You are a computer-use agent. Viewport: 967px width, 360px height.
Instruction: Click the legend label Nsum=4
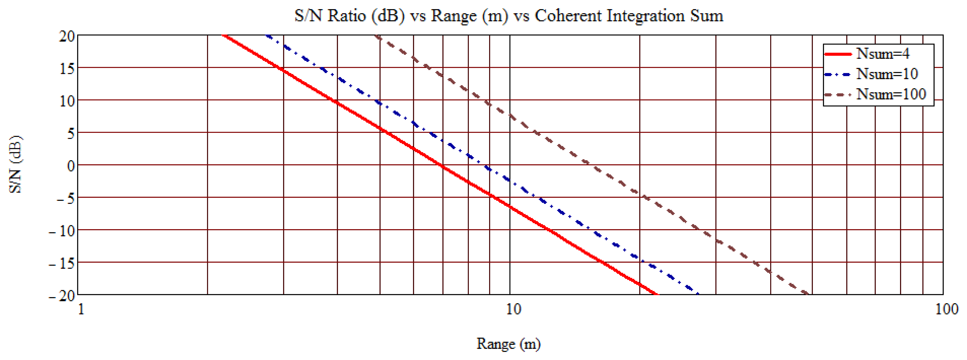[883, 54]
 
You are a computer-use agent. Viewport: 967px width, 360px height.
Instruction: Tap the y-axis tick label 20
[67, 36]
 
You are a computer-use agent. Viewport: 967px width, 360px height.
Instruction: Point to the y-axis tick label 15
[67, 69]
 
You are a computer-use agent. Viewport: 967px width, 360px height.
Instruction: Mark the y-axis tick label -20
[62, 296]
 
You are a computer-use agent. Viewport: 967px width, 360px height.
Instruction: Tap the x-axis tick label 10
[513, 309]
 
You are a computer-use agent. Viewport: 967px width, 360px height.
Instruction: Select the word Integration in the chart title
[646, 16]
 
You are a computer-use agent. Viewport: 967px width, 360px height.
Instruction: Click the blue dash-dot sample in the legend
[838, 74]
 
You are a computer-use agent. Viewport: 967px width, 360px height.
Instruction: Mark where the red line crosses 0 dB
[442, 165]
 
